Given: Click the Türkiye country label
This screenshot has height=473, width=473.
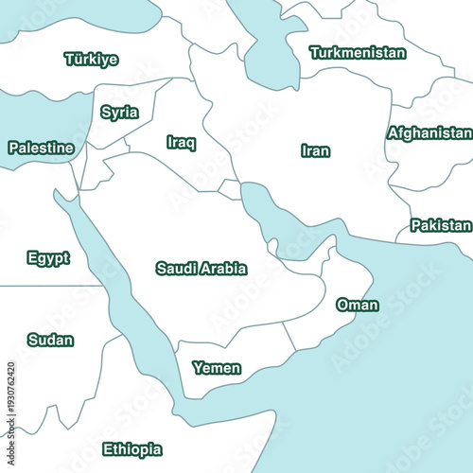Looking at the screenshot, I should pos(91,60).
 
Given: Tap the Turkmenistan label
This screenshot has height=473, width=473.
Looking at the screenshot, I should pos(358,53).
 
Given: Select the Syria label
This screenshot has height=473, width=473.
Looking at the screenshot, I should pos(119,113).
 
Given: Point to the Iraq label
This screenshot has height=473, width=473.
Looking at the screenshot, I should pos(181,142).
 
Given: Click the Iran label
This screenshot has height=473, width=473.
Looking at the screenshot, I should pos(315,150).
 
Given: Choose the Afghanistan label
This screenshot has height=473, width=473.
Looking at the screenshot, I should pos(429,133).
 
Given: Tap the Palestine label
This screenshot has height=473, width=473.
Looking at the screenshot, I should pos(41,148).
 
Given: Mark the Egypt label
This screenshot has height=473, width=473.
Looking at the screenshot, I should pos(48,258).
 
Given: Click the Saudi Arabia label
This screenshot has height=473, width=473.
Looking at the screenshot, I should pos(201,269).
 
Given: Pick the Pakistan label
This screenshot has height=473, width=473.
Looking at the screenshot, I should pos(440,225).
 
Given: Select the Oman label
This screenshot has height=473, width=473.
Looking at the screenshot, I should pos(357,305).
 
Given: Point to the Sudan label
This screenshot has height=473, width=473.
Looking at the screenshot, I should pos(50,340).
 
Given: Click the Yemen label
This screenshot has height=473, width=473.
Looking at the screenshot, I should pos(217,368).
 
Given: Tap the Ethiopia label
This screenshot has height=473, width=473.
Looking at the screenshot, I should pos(131,449).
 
